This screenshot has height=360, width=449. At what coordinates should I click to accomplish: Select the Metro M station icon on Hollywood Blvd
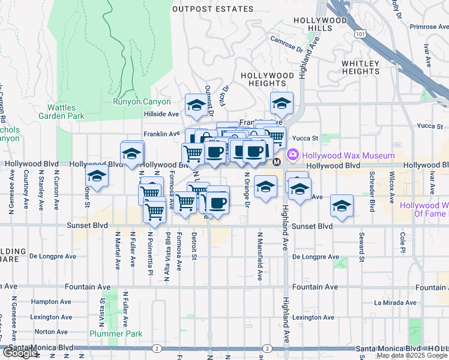(x=277, y=163)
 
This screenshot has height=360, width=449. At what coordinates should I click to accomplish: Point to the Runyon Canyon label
(x=142, y=102)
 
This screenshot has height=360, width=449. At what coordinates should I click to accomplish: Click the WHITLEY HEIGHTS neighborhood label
(x=360, y=67)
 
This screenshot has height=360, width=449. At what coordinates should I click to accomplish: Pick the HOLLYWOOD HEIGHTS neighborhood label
(x=267, y=76)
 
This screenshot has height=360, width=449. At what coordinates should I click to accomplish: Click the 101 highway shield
(x=360, y=35)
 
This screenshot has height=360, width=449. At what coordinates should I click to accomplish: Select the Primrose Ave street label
(x=428, y=27)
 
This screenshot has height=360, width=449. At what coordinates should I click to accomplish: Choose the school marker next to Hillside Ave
(x=196, y=105)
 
